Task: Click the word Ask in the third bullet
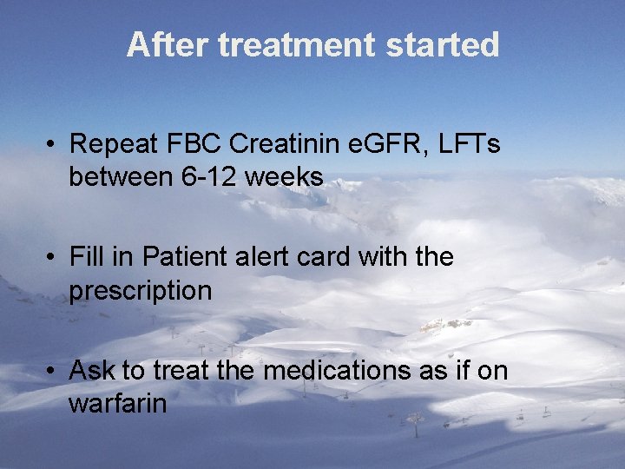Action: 93,371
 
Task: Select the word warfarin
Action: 117,404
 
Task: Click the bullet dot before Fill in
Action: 53,258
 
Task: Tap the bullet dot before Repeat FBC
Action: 53,144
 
